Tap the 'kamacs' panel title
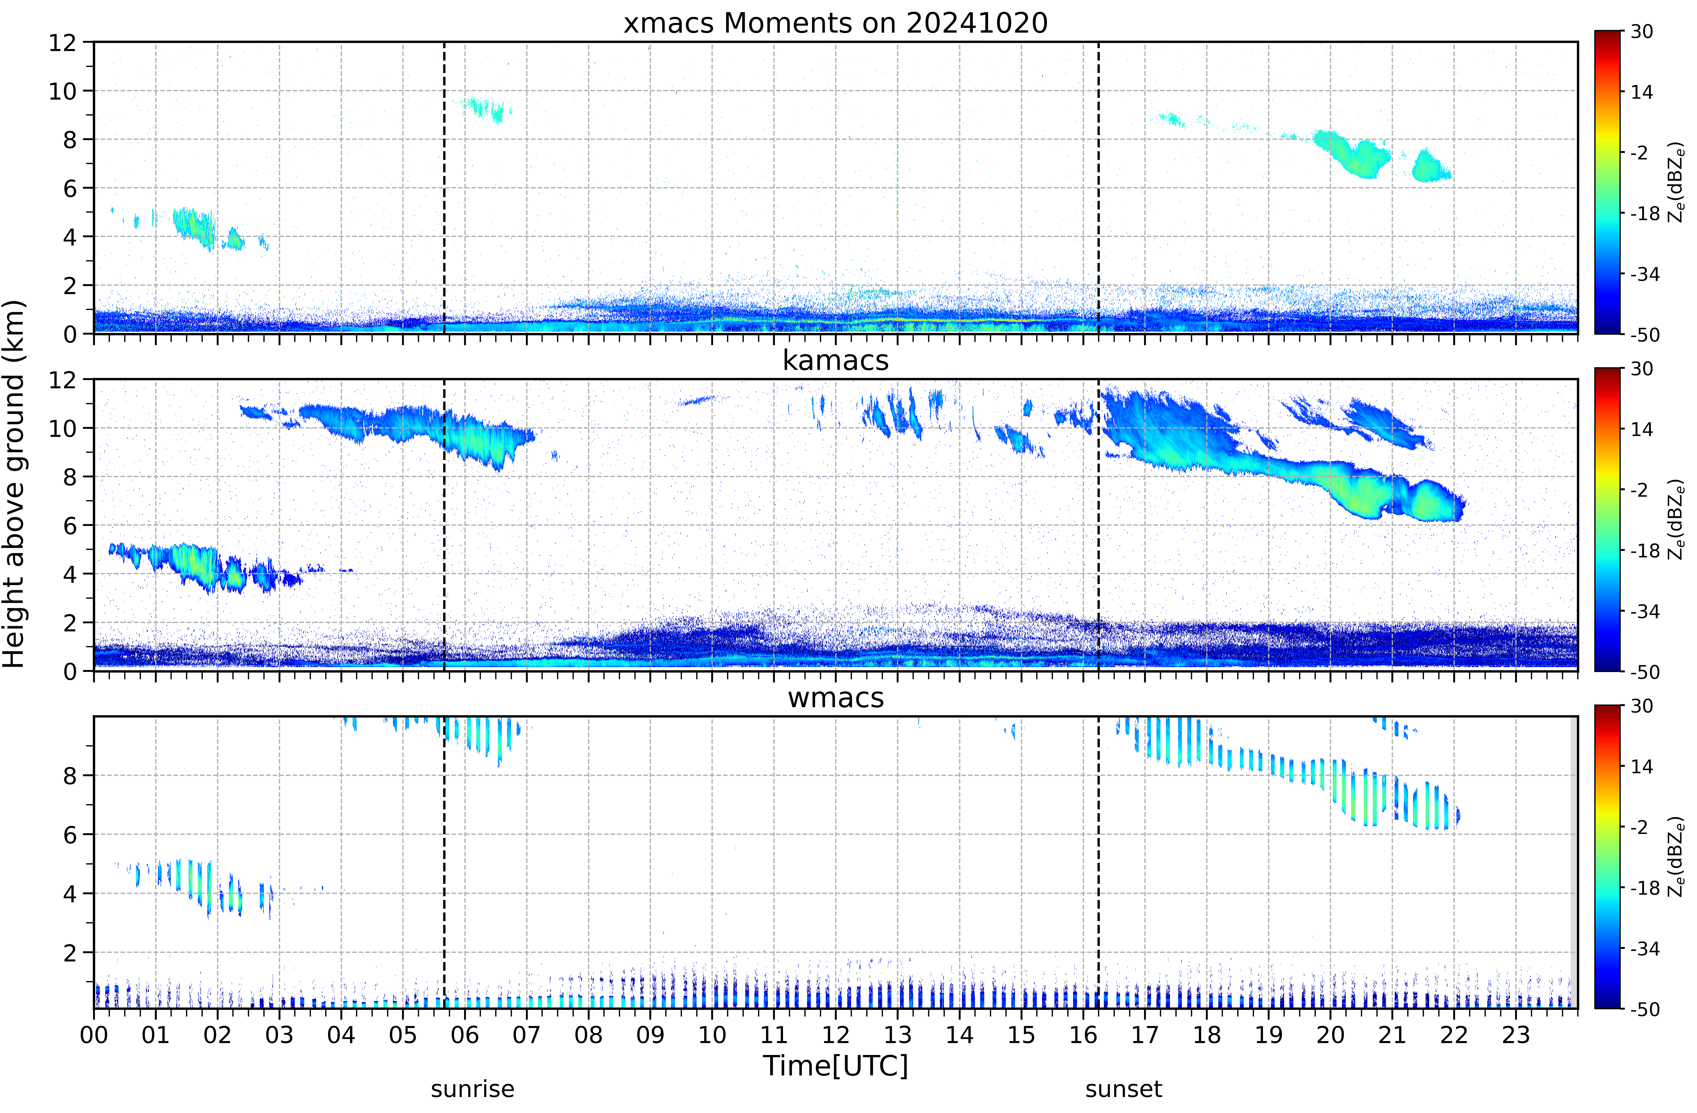tap(836, 360)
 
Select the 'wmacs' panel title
tap(836, 697)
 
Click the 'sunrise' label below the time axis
tap(473, 1089)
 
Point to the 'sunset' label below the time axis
tap(1124, 1089)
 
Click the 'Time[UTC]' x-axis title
tap(836, 1066)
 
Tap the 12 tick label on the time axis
tap(836, 1035)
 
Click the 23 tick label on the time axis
tap(1516, 1035)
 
